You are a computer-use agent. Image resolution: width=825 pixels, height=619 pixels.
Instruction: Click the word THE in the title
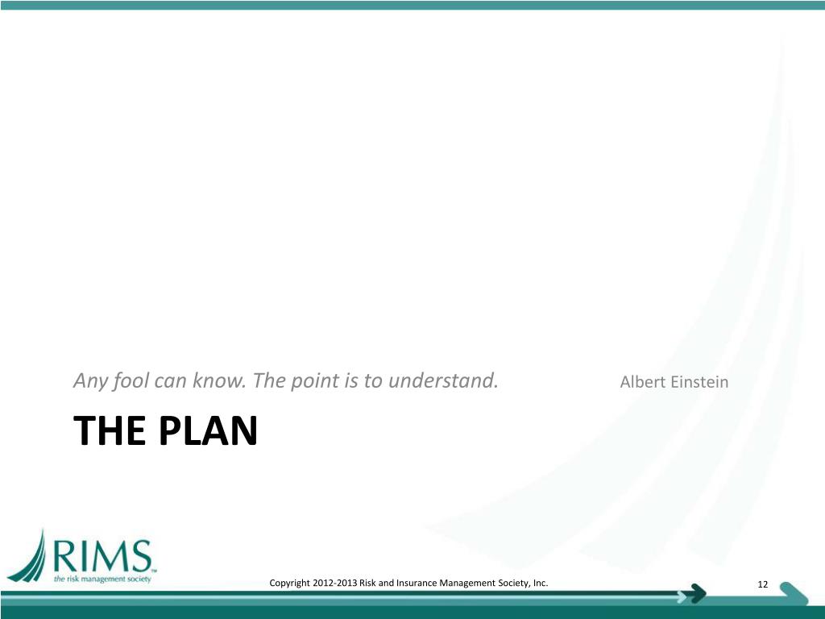(x=110, y=432)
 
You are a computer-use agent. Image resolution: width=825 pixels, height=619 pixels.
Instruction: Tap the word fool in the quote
(x=130, y=380)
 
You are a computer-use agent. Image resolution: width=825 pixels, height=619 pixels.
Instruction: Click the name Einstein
(x=699, y=382)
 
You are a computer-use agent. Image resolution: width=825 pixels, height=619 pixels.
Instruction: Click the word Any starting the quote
(x=90, y=380)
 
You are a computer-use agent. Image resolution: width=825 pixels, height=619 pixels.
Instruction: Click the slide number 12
(x=763, y=584)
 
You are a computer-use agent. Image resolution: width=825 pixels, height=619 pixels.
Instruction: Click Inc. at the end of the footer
(x=541, y=583)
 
